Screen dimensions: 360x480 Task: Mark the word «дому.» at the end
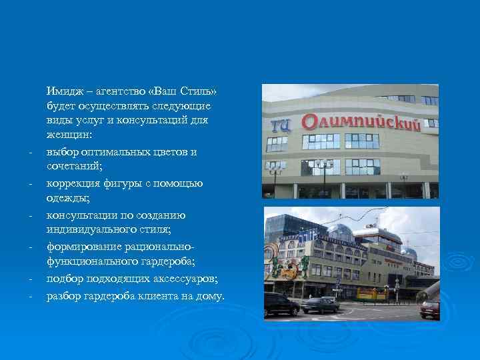210,296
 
